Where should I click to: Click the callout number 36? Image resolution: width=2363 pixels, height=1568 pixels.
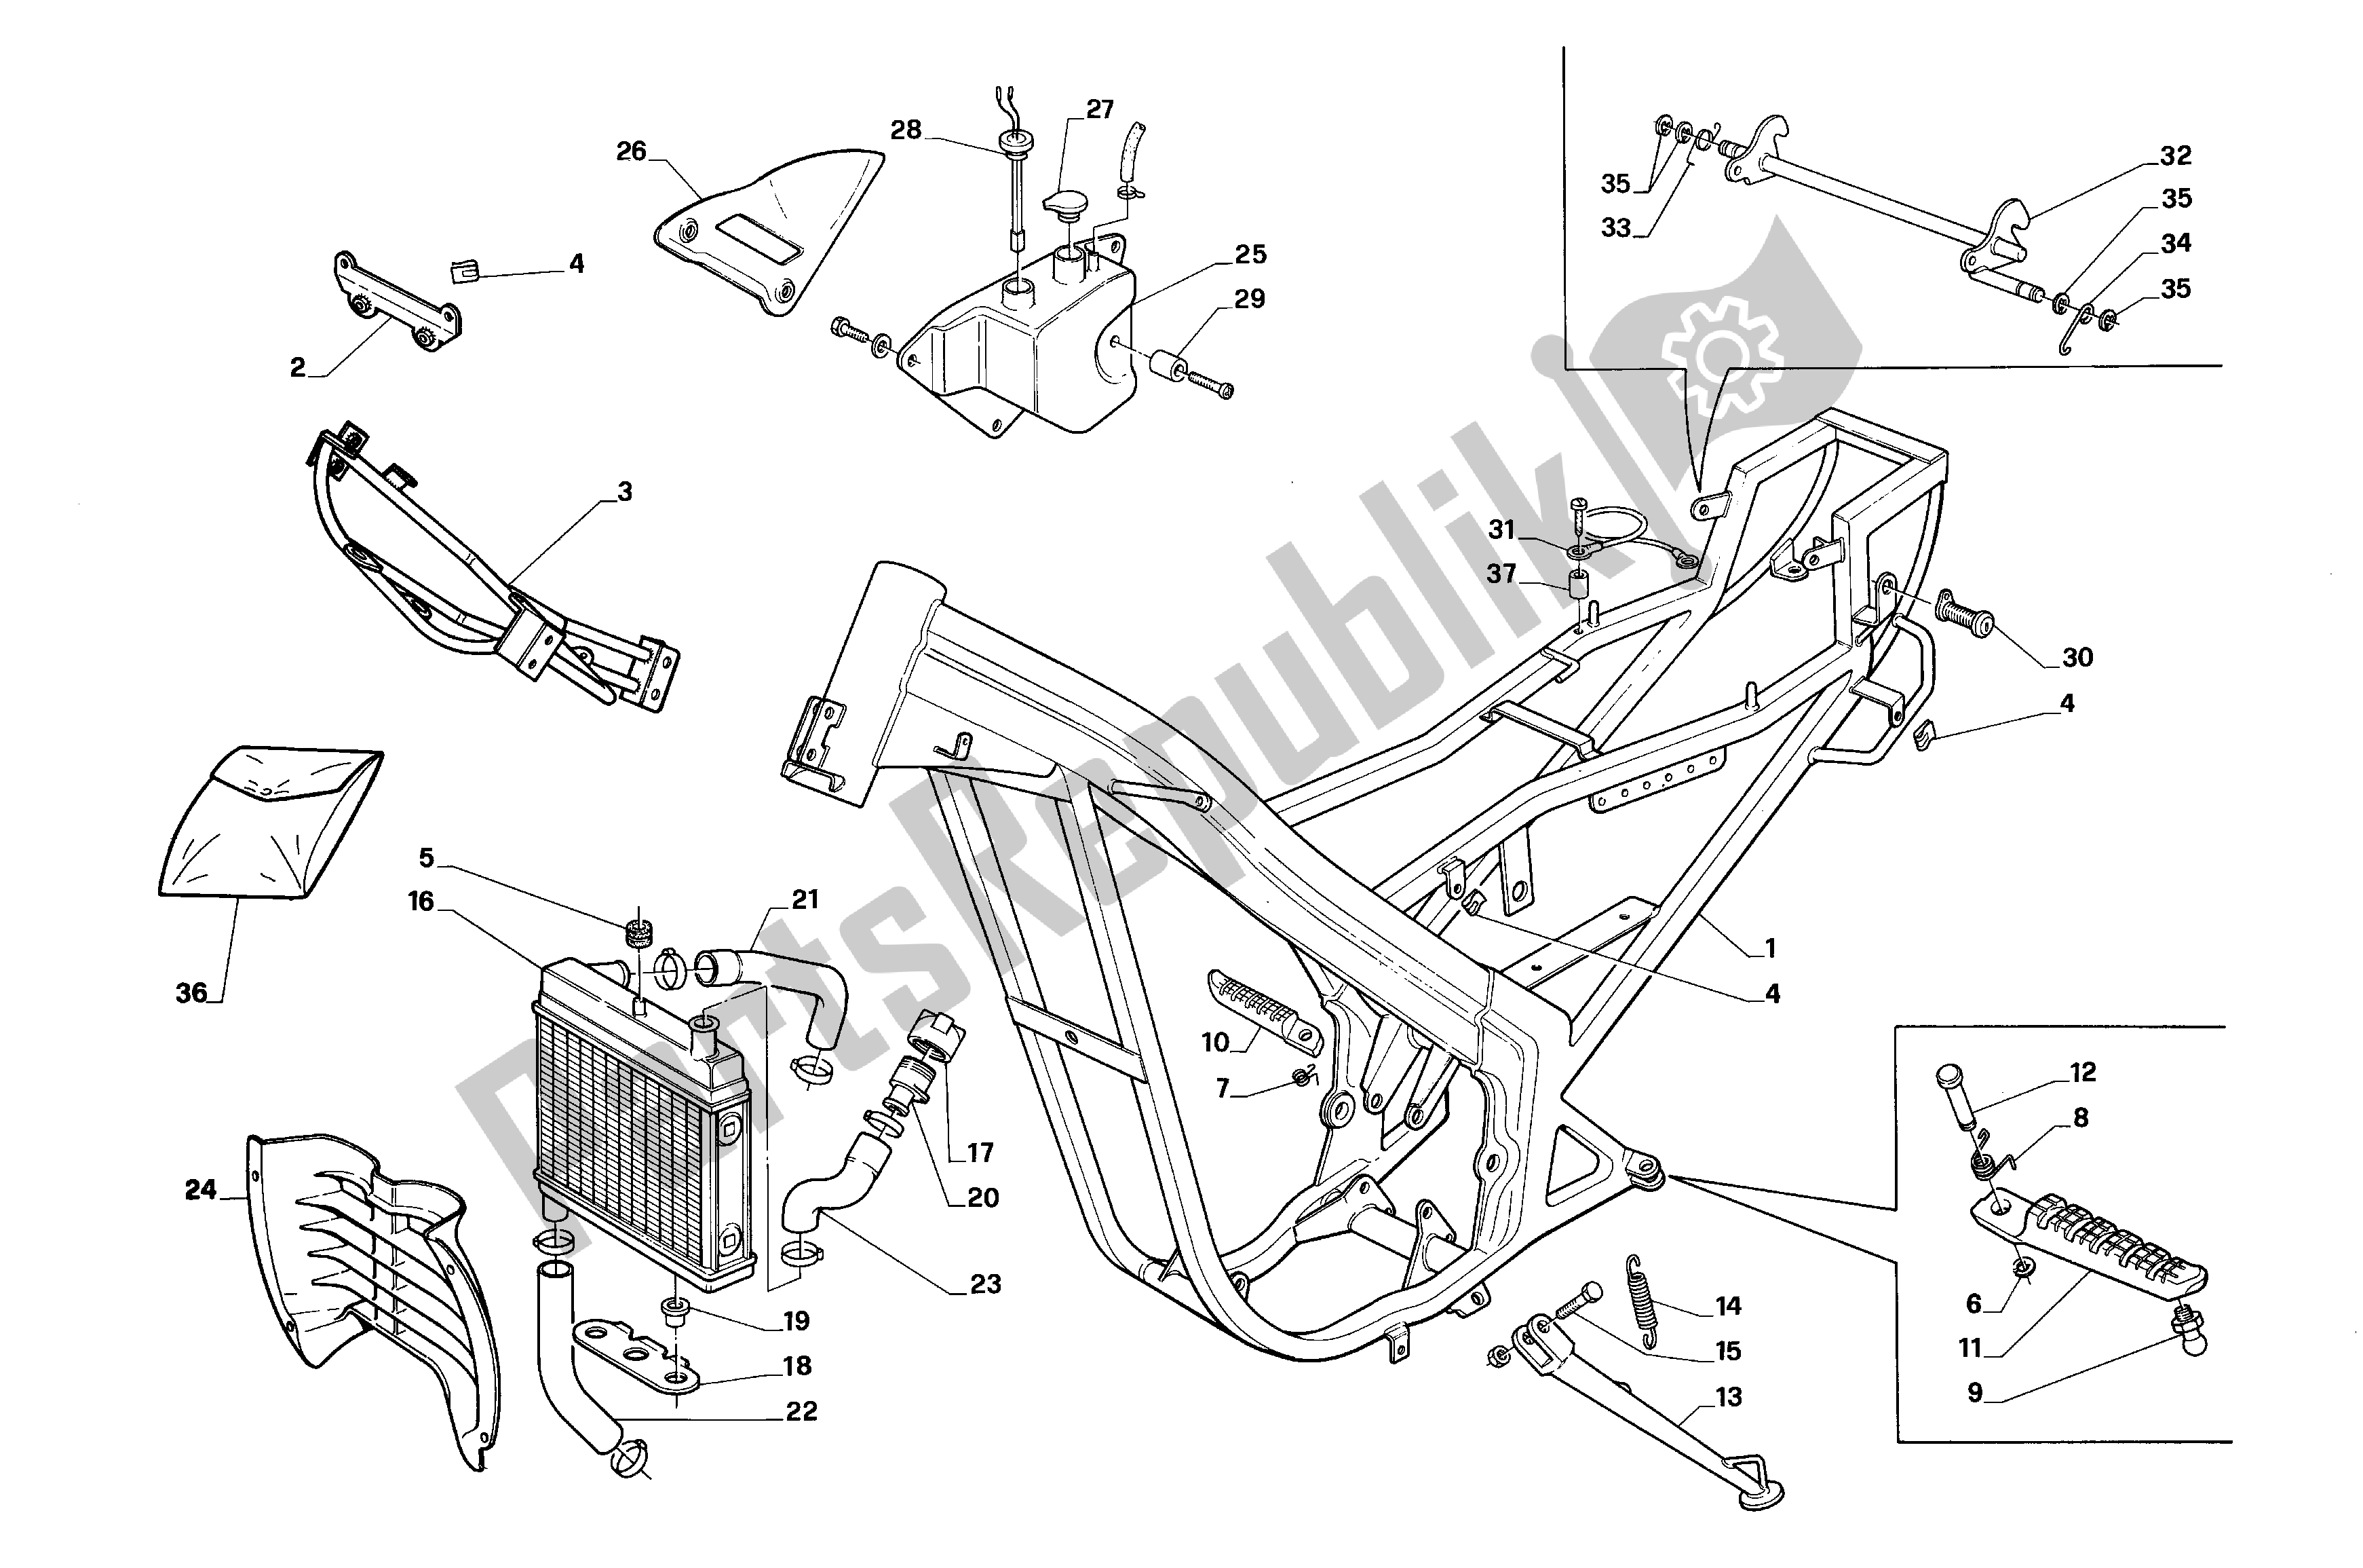[190, 993]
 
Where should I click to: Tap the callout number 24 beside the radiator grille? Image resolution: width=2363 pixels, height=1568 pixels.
[200, 1190]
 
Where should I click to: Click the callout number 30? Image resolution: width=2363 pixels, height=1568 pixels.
[2077, 657]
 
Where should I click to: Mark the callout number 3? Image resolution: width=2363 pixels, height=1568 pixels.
[623, 492]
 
